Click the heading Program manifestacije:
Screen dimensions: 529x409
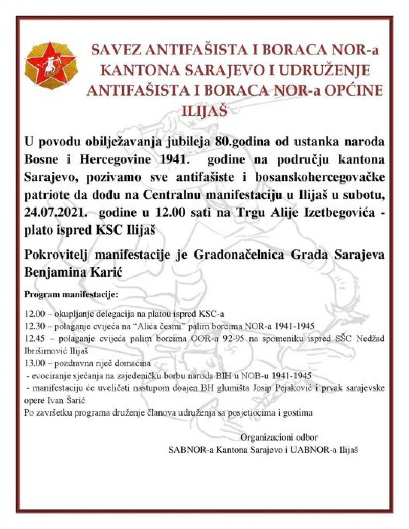[71, 295]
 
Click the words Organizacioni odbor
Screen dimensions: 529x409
[279, 438]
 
